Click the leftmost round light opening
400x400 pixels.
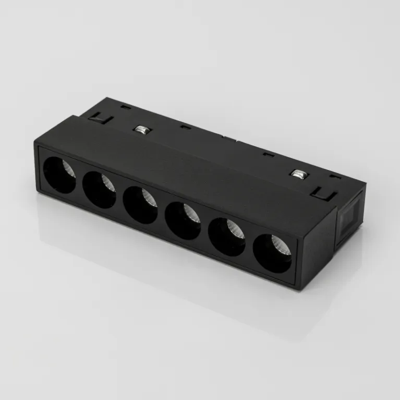[58, 175]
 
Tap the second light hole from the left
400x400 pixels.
[99, 190]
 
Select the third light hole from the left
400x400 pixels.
[140, 205]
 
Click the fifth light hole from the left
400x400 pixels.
[227, 237]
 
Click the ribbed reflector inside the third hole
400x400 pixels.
[148, 198]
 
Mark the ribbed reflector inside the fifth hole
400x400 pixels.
[235, 230]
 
